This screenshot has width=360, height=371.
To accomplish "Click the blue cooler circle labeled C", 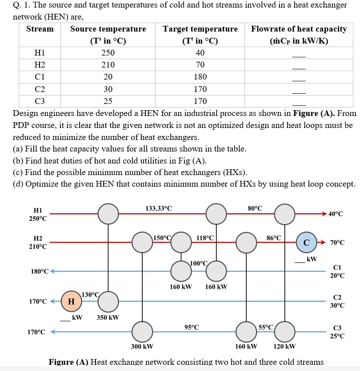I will pos(306,243).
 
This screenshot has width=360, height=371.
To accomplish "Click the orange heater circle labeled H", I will pos(71,302).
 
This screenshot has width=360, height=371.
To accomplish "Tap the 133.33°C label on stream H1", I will pos(159,208).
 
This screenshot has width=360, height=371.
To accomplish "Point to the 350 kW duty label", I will pos(108,318).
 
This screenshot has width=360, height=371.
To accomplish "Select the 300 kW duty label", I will pos(142,346).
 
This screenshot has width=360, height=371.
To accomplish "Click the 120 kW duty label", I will pos(285,346).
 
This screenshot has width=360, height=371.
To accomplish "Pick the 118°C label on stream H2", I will pos(205,238).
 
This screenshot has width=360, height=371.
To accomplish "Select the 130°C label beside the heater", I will pos(90,294).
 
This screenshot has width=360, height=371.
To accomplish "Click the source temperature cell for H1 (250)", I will pos(108,52).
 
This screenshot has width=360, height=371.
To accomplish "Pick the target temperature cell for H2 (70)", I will pos(200,64).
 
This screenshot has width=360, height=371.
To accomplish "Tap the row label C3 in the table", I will pos(40,101).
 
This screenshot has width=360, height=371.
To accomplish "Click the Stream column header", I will pos(40,29).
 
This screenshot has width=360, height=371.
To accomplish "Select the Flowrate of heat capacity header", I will pos(299,29).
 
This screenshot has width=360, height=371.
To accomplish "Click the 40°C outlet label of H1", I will pos(336,214).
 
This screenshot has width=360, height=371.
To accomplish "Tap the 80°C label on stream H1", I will pos(255,208).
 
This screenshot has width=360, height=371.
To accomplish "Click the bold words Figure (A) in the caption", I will pos(68,362).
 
